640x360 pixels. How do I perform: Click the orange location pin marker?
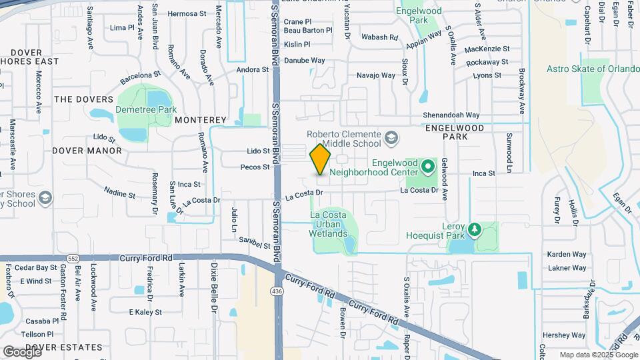tap(320, 159)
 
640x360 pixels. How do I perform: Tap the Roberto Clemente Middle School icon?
tap(392, 138)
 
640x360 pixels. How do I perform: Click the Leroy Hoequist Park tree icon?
tap(475, 229)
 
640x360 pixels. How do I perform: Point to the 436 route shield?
tap(275, 291)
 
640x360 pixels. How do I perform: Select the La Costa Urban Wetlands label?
tap(328, 224)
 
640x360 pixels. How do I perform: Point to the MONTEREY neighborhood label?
tap(201, 120)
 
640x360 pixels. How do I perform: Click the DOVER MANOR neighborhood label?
tap(87, 151)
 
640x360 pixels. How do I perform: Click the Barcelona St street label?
tap(140, 75)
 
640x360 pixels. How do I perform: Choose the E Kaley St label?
tap(145, 312)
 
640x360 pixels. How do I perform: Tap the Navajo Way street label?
tap(376, 75)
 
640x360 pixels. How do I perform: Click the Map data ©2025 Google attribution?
tap(598, 355)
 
